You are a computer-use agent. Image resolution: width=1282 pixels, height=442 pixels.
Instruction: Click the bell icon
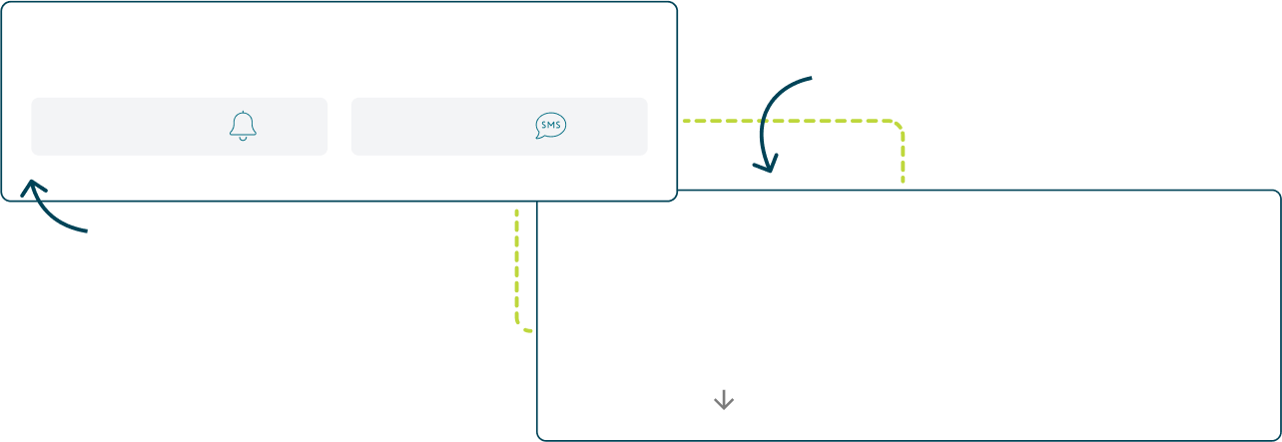(243, 126)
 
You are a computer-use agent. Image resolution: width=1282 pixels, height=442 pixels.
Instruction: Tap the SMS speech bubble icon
(550, 126)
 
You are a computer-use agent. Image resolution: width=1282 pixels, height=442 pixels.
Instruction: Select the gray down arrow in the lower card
(724, 400)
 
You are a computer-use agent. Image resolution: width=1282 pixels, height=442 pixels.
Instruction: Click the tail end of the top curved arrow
(812, 78)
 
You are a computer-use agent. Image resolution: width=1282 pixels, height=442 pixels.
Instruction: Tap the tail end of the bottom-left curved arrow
(86, 231)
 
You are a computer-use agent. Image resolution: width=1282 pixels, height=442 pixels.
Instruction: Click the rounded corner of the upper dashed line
(898, 127)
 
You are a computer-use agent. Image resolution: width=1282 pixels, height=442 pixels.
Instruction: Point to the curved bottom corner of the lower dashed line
(520, 324)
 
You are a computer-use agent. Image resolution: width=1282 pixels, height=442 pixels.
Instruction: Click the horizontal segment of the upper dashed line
(789, 121)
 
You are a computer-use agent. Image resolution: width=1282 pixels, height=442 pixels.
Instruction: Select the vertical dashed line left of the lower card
(517, 264)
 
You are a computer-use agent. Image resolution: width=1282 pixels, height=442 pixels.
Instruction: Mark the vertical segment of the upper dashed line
(903, 160)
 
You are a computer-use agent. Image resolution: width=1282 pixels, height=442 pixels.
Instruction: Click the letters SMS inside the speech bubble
(550, 125)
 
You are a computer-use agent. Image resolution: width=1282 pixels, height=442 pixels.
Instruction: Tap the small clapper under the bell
(243, 139)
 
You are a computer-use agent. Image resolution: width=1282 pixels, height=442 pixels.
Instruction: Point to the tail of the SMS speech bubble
(540, 136)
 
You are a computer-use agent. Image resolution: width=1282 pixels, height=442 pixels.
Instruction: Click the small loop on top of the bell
(243, 112)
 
